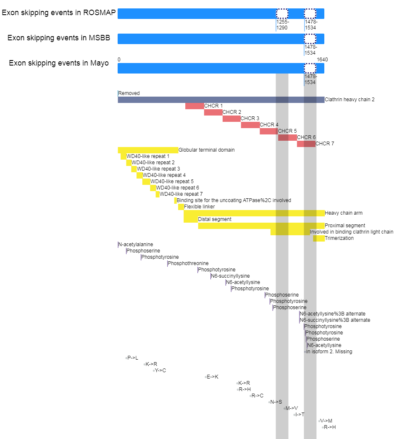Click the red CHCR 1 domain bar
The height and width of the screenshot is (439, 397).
pyautogui.click(x=195, y=106)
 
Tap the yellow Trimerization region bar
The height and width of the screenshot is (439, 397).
pyautogui.click(x=319, y=238)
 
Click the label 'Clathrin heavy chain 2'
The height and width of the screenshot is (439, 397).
pyautogui.click(x=350, y=100)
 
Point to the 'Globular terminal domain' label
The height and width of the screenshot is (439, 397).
pyautogui.click(x=207, y=150)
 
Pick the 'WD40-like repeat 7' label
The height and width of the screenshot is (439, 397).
pyautogui.click(x=181, y=194)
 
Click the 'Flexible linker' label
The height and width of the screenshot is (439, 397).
pyautogui.click(x=200, y=207)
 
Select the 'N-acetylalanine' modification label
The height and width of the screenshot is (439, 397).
pyautogui.click(x=136, y=244)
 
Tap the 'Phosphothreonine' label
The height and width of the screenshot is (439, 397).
pyautogui.click(x=188, y=263)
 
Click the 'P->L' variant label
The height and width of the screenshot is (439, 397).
pyautogui.click(x=133, y=358)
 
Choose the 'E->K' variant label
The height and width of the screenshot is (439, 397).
pyautogui.click(x=213, y=377)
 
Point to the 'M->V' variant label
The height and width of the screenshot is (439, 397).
pyautogui.click(x=292, y=408)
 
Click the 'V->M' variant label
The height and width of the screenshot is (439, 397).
pyautogui.click(x=326, y=421)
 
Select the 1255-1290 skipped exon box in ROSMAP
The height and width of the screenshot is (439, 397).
pyautogui.click(x=282, y=13)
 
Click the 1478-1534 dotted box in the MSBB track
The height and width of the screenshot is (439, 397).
pyautogui.click(x=310, y=39)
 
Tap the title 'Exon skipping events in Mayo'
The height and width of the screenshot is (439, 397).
pyautogui.click(x=59, y=63)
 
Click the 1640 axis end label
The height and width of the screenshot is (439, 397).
pyautogui.click(x=322, y=60)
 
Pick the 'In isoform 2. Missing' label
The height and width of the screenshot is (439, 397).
pyautogui.click(x=329, y=352)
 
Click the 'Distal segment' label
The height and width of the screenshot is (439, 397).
pyautogui.click(x=215, y=219)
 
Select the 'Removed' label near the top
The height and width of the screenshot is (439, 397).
pyautogui.click(x=129, y=93)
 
